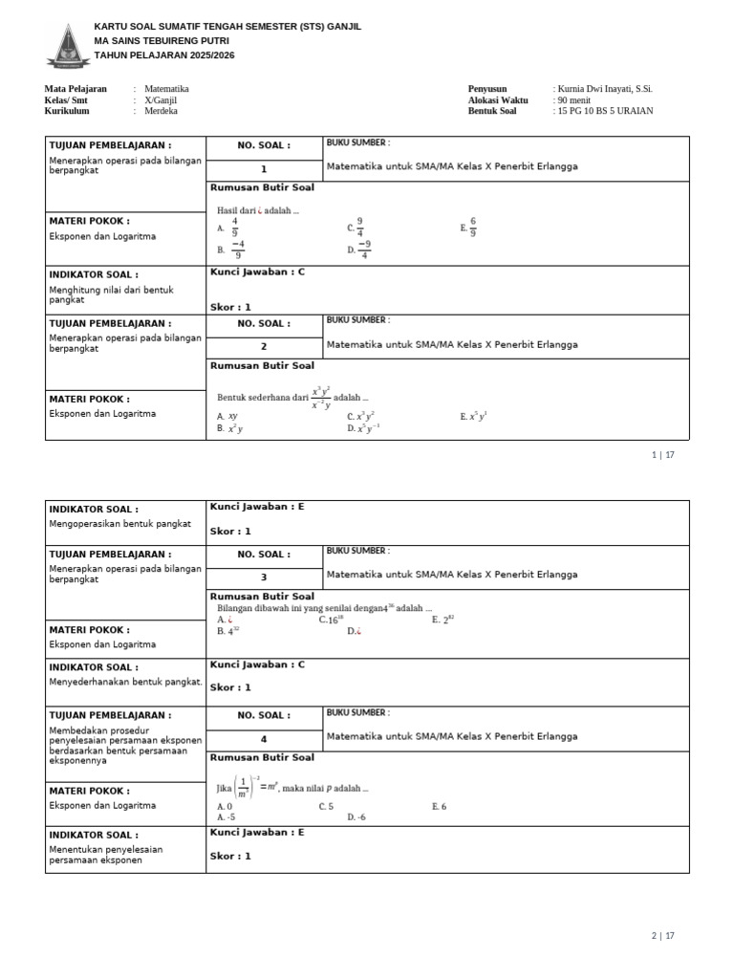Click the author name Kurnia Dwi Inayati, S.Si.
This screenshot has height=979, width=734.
[x=604, y=89]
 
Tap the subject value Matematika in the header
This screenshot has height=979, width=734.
[x=166, y=89]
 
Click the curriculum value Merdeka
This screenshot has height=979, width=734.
[x=161, y=111]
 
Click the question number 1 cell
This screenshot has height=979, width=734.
[x=264, y=169]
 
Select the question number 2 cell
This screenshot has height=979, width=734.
[x=264, y=347]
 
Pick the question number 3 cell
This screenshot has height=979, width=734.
[x=264, y=577]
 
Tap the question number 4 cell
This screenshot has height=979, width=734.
[x=264, y=739]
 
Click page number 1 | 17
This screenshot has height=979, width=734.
[x=663, y=455]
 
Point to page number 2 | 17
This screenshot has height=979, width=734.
[x=663, y=936]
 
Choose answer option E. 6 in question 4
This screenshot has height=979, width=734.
[x=439, y=807]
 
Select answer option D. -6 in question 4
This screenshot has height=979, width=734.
[x=356, y=817]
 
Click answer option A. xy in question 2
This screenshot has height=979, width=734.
[x=227, y=416]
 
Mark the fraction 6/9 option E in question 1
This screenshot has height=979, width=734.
[x=468, y=228]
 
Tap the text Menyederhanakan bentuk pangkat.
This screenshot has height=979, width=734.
[x=125, y=682]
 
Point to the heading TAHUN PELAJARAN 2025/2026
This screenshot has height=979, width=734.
[x=163, y=55]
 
